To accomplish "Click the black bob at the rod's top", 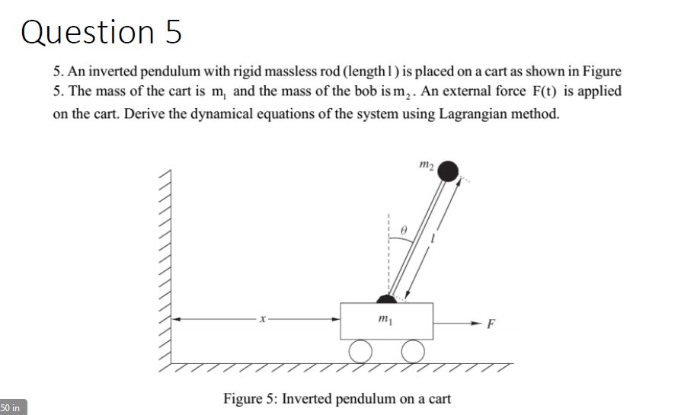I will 449,172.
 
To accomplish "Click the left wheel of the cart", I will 360,350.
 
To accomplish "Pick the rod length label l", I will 432,241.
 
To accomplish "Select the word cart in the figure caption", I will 438,399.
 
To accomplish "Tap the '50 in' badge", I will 13,407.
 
